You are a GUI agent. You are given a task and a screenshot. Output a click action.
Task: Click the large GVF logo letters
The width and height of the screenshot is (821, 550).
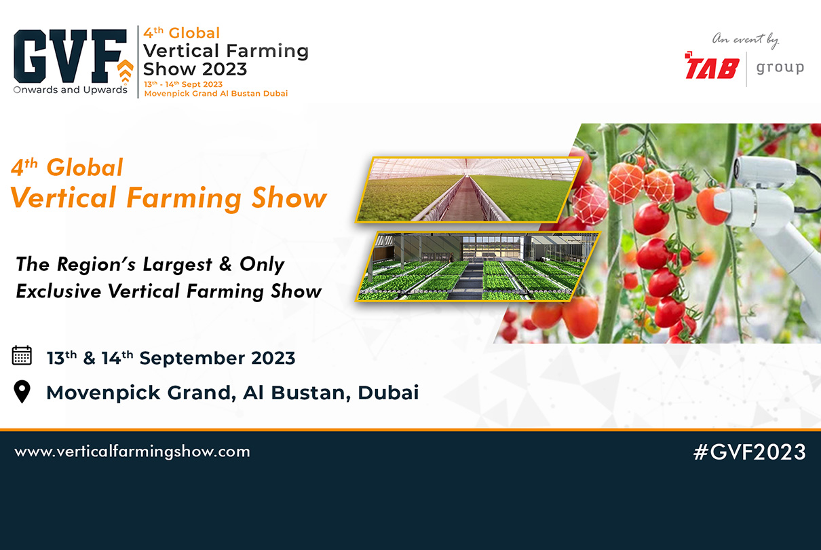(68, 56)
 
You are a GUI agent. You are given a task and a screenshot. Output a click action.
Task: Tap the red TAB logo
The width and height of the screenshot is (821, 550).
(712, 67)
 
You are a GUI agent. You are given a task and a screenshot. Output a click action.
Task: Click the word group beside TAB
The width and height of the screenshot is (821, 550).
(780, 67)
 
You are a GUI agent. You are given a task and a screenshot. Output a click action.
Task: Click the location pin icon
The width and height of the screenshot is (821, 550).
(22, 392)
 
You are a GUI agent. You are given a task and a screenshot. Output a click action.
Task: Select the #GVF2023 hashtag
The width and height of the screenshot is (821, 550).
(749, 452)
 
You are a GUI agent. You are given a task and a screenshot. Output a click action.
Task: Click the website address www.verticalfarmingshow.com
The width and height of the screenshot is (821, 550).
(132, 452)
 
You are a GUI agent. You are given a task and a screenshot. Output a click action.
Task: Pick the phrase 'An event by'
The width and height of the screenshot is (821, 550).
(744, 40)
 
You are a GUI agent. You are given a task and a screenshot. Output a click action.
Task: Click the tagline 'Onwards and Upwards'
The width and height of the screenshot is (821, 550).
(70, 90)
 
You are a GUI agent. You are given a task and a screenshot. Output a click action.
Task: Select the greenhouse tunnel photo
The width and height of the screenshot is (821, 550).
(468, 189)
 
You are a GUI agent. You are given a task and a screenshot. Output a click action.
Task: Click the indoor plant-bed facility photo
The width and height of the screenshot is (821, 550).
(478, 265)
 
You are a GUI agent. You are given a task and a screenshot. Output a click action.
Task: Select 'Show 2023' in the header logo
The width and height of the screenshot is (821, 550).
(195, 69)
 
